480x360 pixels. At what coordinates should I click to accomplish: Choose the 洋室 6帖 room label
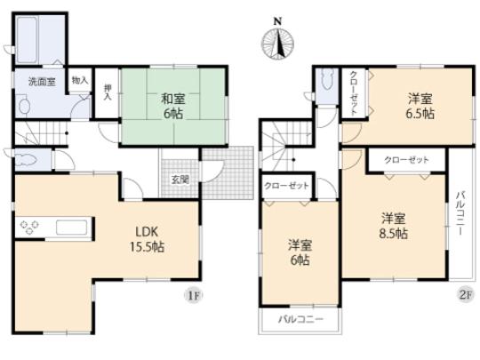click(x=297, y=252)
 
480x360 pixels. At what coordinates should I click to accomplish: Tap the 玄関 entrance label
click(x=180, y=179)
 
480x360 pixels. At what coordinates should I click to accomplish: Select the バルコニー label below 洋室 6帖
click(x=299, y=318)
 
